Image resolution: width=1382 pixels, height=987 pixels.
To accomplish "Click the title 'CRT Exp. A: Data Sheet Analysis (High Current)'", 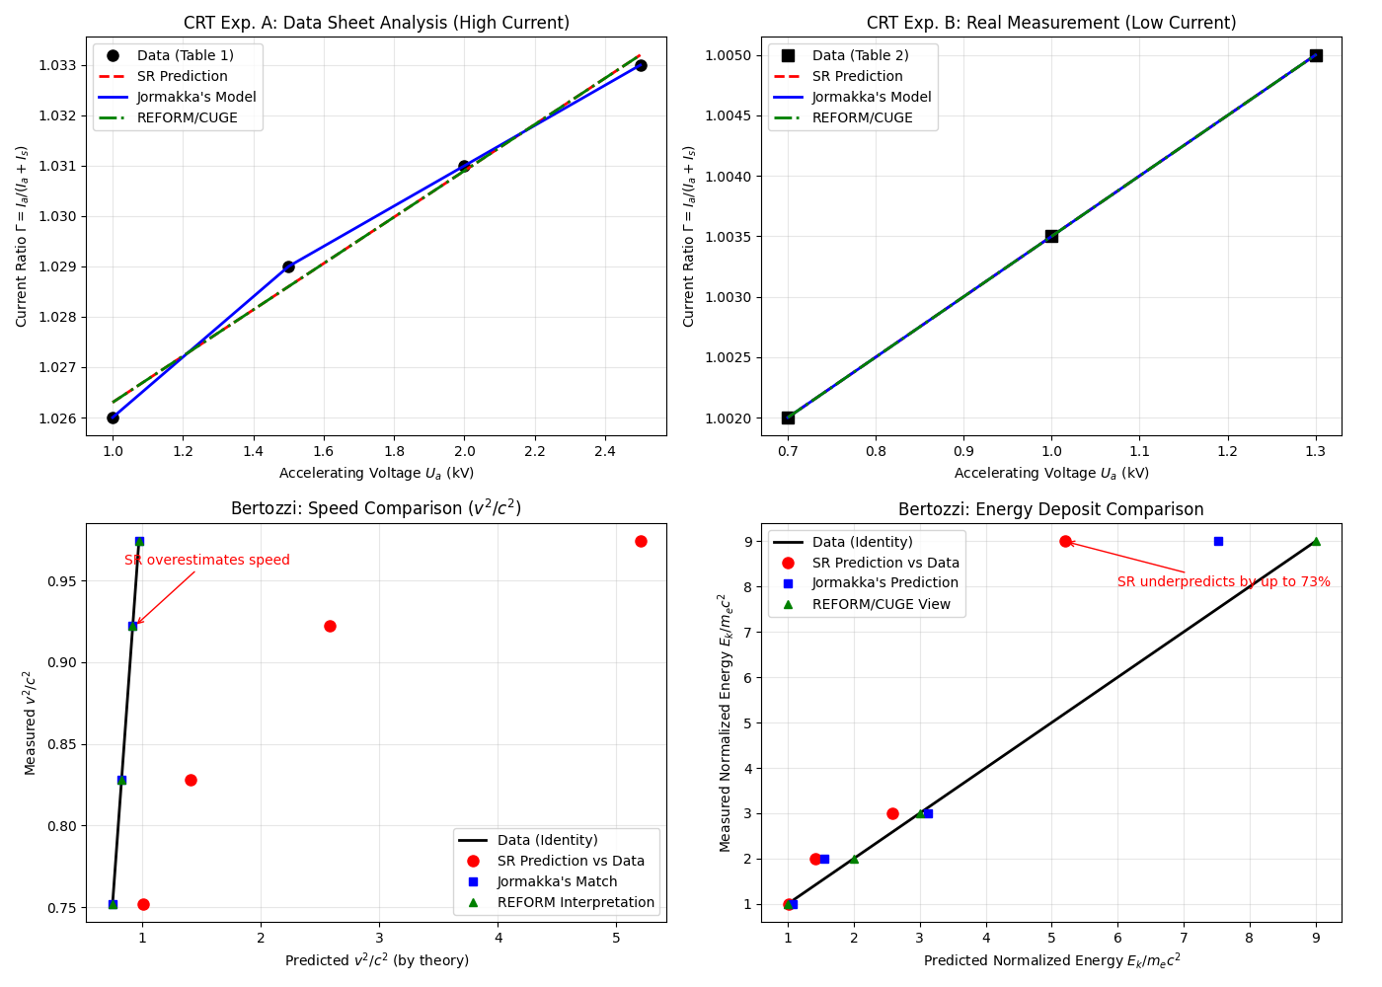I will (x=376, y=23).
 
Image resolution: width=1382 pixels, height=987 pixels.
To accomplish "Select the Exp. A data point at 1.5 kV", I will (x=288, y=266).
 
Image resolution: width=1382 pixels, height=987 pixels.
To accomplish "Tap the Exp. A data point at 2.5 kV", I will (x=641, y=65).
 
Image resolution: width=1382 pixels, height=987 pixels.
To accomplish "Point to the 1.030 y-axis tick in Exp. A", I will (x=60, y=216).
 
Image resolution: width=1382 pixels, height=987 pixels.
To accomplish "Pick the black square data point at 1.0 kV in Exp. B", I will (x=1051, y=236).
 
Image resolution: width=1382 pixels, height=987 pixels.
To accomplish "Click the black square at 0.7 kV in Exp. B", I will (x=788, y=418).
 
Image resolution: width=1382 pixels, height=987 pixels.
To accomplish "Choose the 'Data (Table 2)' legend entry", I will (x=860, y=55).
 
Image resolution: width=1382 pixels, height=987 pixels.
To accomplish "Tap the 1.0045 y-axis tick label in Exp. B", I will (x=733, y=115).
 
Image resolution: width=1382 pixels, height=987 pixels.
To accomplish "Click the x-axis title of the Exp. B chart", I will (x=1051, y=473).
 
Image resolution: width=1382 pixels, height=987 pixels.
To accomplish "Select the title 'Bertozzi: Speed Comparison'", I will (x=376, y=508).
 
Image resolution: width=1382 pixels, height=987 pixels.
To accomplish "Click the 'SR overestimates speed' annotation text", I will (x=207, y=560).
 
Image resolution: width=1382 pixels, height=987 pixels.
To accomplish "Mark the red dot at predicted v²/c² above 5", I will (x=641, y=541).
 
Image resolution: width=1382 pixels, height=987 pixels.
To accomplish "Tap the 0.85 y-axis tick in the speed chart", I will (x=62, y=744).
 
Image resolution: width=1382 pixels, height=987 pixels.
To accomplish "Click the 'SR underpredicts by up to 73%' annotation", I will (x=1223, y=581).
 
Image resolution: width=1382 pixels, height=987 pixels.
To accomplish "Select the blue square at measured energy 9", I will (x=1218, y=541).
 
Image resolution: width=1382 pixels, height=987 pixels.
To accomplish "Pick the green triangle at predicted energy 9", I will (x=1316, y=541).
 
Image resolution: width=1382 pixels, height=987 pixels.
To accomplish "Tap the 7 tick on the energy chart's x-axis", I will (x=1184, y=939).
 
